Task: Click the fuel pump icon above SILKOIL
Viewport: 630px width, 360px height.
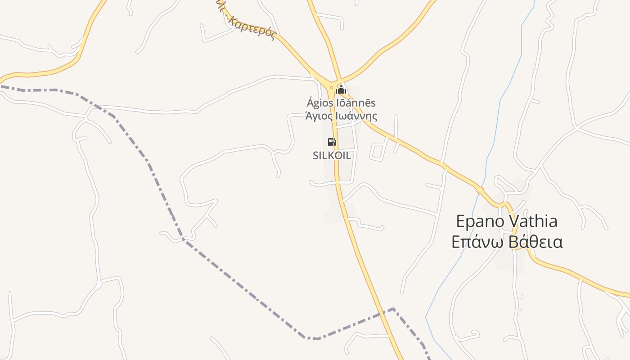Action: coord(332,142)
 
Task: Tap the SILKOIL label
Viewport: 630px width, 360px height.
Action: coord(332,156)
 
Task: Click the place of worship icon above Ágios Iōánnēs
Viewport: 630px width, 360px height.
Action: coord(341,90)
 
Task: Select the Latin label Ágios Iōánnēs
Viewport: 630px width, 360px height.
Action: coord(341,103)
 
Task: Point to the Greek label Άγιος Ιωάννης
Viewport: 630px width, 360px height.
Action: coord(341,116)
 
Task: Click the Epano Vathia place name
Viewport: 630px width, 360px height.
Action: coord(507,221)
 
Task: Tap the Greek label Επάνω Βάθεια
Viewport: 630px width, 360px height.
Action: coord(507,242)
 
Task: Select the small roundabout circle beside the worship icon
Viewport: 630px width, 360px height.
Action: coord(332,88)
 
